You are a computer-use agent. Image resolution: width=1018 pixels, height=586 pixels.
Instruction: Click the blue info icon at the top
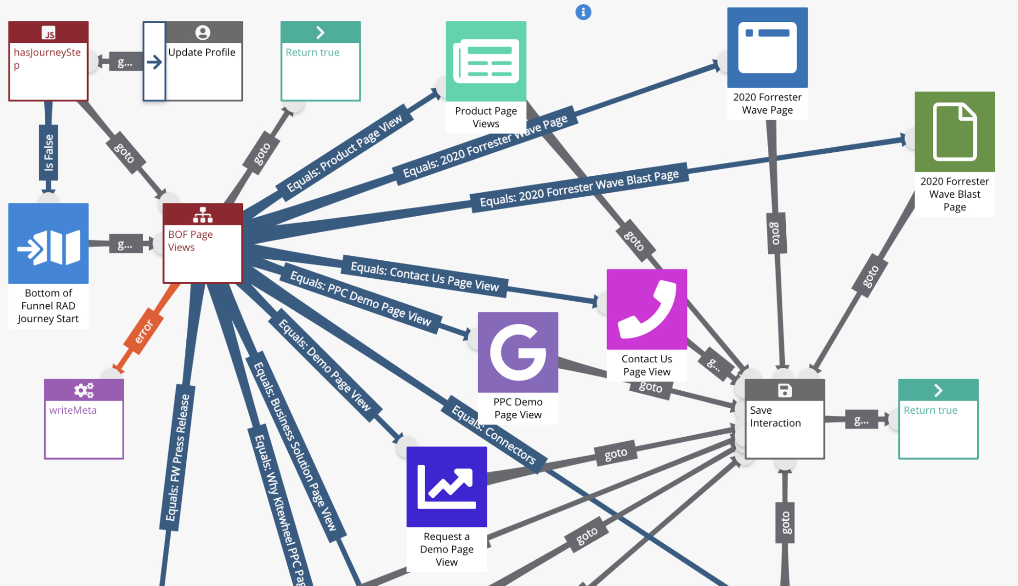[x=583, y=12]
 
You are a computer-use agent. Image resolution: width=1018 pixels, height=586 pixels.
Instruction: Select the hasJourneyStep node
[x=48, y=61]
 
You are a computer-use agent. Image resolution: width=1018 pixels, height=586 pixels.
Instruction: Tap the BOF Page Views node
[x=203, y=243]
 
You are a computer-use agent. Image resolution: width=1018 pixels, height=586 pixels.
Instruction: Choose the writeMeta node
[x=84, y=419]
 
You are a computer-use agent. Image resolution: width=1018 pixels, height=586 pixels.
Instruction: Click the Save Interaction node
[x=784, y=419]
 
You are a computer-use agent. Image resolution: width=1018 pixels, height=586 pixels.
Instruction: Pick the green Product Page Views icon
[x=486, y=61]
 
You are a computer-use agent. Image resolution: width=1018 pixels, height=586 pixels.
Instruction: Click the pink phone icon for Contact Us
[x=647, y=309]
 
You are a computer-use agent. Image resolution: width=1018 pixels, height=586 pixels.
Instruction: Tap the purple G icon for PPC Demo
[x=518, y=352]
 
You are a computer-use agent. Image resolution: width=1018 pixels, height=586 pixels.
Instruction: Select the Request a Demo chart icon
[x=447, y=487]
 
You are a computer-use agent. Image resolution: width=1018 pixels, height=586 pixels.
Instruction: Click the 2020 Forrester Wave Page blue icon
[x=767, y=47]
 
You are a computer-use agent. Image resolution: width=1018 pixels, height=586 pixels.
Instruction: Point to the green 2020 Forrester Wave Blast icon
[x=954, y=131]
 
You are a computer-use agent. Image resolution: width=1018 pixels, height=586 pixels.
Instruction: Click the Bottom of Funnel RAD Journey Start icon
[x=48, y=243]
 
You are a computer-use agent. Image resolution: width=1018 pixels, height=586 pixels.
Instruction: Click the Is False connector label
[x=48, y=153]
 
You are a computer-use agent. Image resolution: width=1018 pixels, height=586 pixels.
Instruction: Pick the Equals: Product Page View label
[x=344, y=153]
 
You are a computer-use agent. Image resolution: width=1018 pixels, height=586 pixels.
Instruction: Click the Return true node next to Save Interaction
[x=938, y=419]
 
